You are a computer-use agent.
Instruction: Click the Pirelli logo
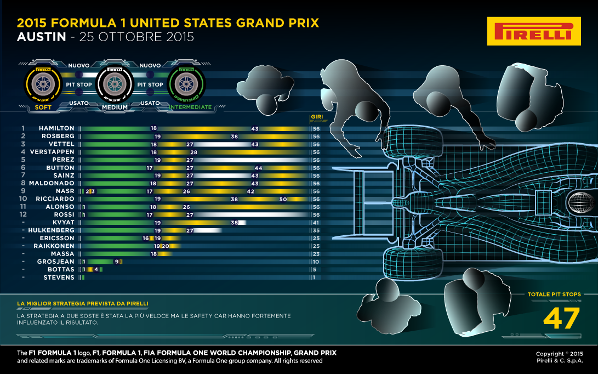point(533,31)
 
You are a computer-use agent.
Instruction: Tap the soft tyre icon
point(42,84)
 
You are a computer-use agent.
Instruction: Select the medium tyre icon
point(115,84)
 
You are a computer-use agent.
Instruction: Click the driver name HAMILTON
point(56,128)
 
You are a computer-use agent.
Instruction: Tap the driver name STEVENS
point(59,277)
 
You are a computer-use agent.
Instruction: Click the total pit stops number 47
point(561,319)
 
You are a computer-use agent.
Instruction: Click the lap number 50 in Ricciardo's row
point(283,199)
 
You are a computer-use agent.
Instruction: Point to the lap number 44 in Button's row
point(258,168)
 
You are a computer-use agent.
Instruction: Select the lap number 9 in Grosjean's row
point(116,262)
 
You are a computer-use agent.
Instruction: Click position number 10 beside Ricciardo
point(24,199)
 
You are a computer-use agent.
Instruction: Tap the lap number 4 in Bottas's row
point(96,270)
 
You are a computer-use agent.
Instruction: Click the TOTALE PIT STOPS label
point(554,294)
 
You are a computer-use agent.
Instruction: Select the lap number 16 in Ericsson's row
point(146,239)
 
